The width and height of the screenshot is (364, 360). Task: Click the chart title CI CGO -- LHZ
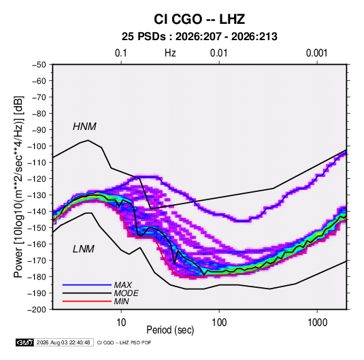(x=199, y=19)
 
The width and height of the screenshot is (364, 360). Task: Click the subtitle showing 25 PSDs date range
(x=199, y=37)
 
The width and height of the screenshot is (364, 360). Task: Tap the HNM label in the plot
(x=84, y=127)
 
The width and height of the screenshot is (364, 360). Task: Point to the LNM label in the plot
(x=84, y=249)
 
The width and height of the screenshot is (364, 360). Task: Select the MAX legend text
(x=123, y=285)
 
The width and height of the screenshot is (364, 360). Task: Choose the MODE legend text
(x=127, y=293)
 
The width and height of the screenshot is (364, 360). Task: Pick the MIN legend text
(x=121, y=301)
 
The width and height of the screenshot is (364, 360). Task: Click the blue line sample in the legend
(x=87, y=285)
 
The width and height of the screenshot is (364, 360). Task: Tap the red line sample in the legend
(x=87, y=301)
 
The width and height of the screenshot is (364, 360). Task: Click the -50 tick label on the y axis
(x=39, y=65)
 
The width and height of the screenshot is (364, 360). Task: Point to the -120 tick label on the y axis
(x=37, y=179)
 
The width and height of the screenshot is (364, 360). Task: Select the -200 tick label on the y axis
(x=37, y=310)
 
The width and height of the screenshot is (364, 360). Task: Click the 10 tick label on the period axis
(x=121, y=323)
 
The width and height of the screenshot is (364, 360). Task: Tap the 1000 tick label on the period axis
(x=317, y=323)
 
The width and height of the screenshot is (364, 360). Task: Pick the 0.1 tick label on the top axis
(x=121, y=53)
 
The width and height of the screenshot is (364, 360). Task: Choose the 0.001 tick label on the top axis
(x=317, y=53)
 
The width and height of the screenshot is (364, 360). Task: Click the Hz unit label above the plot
(x=170, y=53)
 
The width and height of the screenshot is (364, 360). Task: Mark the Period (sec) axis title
(x=170, y=330)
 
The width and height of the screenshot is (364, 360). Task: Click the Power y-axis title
(x=19, y=187)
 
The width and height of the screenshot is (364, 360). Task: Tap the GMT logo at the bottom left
(x=25, y=342)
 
